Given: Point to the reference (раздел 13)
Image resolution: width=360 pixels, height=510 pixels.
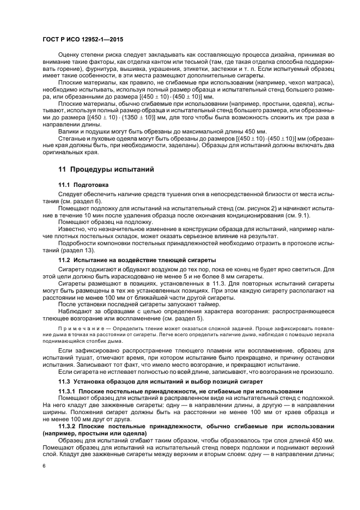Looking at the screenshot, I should (x=81, y=250).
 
